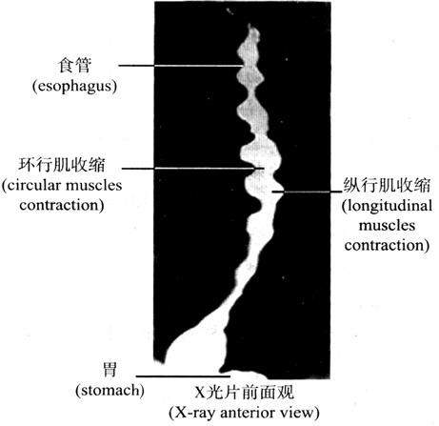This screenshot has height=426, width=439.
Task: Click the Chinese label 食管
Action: (75, 65)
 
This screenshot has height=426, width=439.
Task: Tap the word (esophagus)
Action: (74, 86)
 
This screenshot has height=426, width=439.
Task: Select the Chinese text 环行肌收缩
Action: (62, 165)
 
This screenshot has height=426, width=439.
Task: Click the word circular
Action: (33, 185)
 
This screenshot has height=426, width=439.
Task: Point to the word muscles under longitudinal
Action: (387, 226)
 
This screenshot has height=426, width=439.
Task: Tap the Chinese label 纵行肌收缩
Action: (387, 185)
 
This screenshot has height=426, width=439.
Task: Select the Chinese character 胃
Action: (110, 369)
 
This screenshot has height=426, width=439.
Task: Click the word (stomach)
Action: (110, 390)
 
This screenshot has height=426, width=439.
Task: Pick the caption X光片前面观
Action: (244, 393)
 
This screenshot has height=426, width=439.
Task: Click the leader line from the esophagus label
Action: (182, 66)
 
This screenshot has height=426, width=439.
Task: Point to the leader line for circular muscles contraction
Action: (193, 169)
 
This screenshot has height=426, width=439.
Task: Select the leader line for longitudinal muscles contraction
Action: (307, 192)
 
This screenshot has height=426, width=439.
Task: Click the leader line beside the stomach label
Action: (183, 376)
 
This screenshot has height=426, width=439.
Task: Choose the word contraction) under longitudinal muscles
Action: (387, 245)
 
